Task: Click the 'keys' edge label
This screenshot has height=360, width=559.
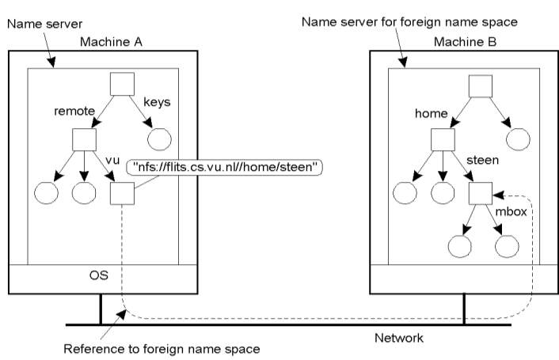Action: click(x=158, y=102)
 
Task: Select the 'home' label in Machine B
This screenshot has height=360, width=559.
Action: click(x=432, y=114)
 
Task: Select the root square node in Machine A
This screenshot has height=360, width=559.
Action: click(x=120, y=85)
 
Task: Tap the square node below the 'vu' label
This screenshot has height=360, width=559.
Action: click(x=120, y=192)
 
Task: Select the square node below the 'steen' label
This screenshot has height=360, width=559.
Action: click(x=480, y=191)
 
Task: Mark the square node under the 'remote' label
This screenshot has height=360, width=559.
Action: click(x=84, y=139)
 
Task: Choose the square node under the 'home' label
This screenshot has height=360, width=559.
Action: click(x=443, y=139)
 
